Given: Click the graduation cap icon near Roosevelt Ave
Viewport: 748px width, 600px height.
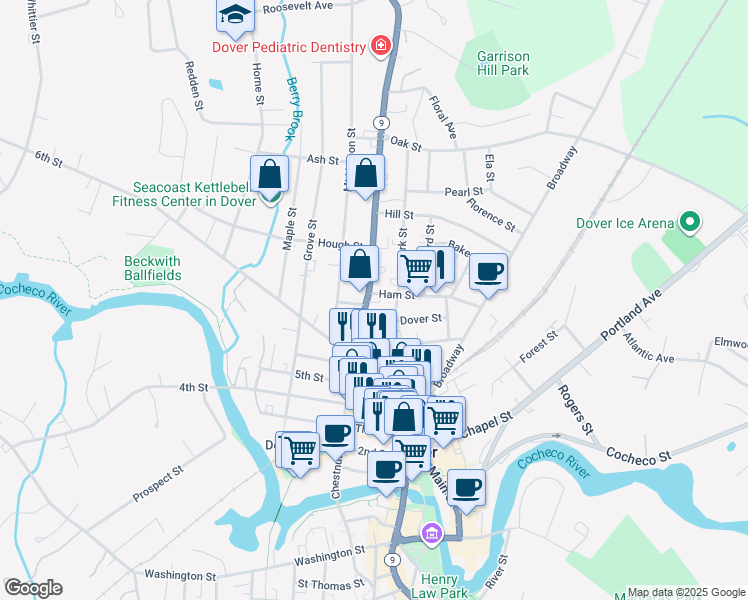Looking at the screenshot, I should (x=235, y=15).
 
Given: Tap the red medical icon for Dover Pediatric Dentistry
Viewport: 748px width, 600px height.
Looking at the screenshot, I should (x=380, y=45).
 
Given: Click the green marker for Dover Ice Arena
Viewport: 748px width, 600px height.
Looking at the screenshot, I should (x=689, y=222).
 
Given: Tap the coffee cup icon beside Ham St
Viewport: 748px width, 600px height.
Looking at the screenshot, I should (x=488, y=271).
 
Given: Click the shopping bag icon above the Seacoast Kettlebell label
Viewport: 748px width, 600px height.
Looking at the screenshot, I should (x=269, y=173).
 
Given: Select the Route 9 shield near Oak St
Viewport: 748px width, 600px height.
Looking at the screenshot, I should (x=381, y=121).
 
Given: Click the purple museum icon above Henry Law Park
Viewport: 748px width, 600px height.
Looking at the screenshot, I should (x=431, y=535).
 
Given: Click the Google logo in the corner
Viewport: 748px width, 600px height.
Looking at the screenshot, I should (x=33, y=588).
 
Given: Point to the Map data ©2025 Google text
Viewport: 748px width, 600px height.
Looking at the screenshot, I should (x=685, y=592).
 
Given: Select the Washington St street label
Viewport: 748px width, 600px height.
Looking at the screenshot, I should (x=330, y=553).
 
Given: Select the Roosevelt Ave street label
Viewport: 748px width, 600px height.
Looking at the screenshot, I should (x=297, y=6).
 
